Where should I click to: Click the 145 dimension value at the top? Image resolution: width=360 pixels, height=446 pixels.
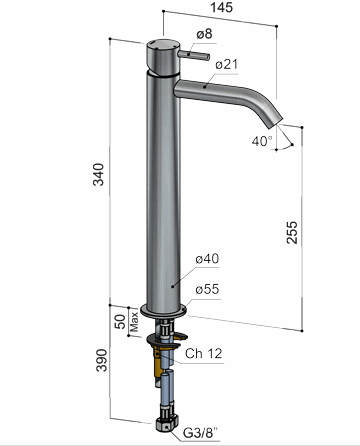click(x=221, y=7)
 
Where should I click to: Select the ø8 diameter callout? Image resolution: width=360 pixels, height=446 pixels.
click(x=204, y=34)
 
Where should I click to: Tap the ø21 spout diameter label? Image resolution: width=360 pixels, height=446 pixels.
click(x=227, y=64)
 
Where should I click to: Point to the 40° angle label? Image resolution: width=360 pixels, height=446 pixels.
click(x=262, y=141)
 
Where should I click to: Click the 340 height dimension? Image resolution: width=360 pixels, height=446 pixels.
click(x=99, y=174)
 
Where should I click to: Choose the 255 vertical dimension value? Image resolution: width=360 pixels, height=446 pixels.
click(x=292, y=232)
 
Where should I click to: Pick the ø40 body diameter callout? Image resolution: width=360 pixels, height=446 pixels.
click(x=207, y=259)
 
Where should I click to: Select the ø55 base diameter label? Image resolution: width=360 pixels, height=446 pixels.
click(x=207, y=289)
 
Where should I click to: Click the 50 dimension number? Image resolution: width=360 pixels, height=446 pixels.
click(x=120, y=322)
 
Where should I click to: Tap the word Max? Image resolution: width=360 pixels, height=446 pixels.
click(x=134, y=321)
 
